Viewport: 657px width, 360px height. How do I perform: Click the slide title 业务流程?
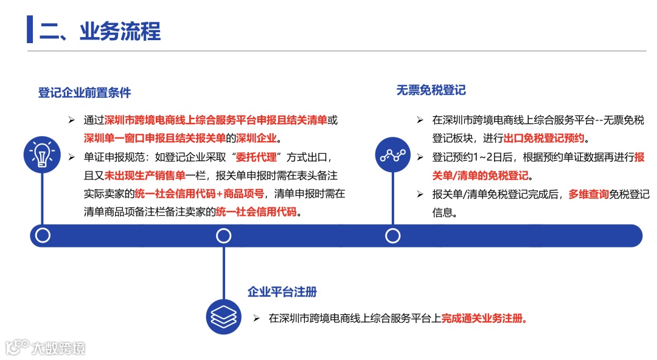tap(100, 31)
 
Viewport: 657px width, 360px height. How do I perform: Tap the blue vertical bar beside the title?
tap(30, 30)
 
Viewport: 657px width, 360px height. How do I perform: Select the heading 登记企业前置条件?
tap(85, 93)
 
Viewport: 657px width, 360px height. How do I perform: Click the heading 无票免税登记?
tap(431, 90)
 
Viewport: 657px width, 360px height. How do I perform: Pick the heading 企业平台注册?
tap(282, 292)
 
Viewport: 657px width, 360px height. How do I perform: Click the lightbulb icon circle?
tap(41, 154)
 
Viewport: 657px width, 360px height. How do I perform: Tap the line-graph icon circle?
tap(393, 155)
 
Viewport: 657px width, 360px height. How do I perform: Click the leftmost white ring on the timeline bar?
tap(43, 235)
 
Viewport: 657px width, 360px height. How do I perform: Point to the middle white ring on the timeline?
tap(224, 235)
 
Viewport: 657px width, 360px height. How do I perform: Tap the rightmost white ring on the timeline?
tap(393, 235)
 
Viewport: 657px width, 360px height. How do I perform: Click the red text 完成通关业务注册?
tap(484, 318)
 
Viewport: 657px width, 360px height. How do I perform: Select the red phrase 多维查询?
tap(589, 195)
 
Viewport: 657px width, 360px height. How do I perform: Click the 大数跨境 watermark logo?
tap(46, 348)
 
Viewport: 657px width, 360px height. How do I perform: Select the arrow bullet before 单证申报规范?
tap(71, 157)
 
